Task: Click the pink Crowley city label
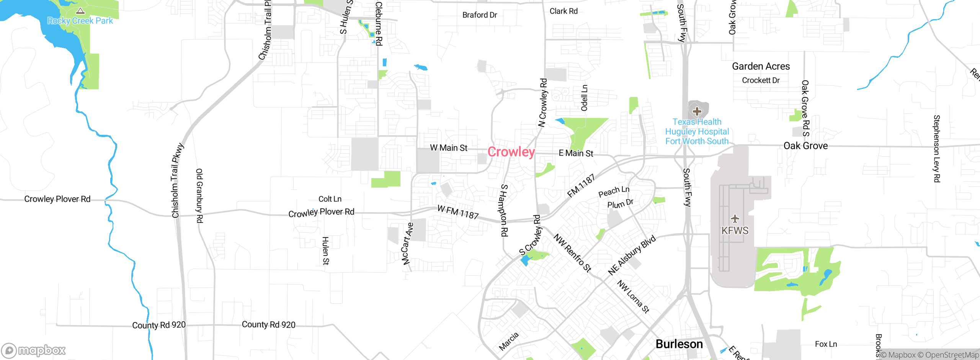point(511,152)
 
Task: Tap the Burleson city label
point(679,344)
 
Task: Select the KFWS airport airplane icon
point(735,219)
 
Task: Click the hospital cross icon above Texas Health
point(697,111)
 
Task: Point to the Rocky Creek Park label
point(80,21)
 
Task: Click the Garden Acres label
point(761,66)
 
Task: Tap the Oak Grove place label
point(805,146)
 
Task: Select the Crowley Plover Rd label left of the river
point(57,199)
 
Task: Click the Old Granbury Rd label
point(199,195)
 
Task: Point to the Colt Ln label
point(330,199)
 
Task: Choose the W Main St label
point(448,148)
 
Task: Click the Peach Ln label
point(614,191)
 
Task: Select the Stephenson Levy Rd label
point(936,149)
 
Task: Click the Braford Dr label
point(479,15)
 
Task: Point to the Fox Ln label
point(826,344)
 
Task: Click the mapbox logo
point(33,350)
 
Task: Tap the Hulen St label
point(325,250)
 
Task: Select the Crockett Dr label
point(761,80)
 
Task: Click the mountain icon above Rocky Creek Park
point(80,11)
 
